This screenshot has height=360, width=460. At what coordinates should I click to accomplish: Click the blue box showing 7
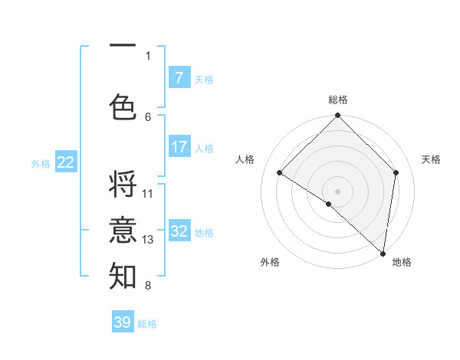click(x=179, y=78)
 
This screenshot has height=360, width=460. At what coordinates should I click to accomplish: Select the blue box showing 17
click(x=179, y=147)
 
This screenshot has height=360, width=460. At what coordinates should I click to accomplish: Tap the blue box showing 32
click(x=179, y=231)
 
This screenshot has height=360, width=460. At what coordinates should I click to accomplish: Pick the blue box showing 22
click(x=66, y=162)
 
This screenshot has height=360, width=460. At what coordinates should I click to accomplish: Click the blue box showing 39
click(x=123, y=322)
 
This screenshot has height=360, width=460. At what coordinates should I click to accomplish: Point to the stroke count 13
click(x=148, y=240)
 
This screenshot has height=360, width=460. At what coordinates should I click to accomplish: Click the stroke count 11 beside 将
click(x=148, y=194)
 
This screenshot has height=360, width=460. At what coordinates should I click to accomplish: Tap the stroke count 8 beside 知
click(x=148, y=286)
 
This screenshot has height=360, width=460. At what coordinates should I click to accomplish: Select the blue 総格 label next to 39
click(x=147, y=324)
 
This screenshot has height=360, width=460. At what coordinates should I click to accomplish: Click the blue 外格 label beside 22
click(x=41, y=163)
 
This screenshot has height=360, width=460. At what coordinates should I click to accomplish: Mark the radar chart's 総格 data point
click(x=337, y=116)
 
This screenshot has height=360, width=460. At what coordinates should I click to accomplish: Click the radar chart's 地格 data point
click(x=383, y=254)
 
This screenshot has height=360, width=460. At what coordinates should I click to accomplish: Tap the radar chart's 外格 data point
click(x=328, y=204)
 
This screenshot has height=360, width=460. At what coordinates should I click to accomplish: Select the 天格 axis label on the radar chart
click(x=431, y=159)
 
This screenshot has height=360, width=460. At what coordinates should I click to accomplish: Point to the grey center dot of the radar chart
click(x=337, y=191)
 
